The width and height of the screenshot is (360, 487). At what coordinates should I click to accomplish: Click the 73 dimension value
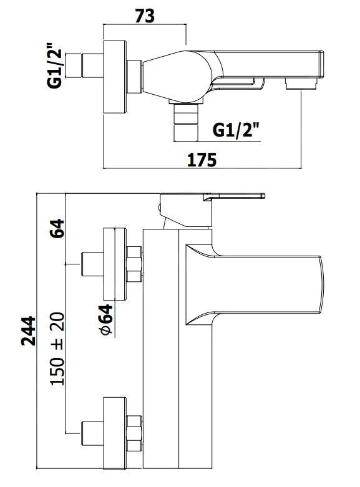point(145,16)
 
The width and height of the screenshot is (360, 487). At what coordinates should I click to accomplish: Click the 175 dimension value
point(202,160)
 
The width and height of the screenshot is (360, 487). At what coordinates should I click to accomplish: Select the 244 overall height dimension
point(28,330)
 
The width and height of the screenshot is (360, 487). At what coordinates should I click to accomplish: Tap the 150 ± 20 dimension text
point(57,349)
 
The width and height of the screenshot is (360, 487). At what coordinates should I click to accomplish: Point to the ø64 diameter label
point(106,320)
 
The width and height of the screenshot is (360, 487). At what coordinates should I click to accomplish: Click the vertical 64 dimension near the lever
point(57,228)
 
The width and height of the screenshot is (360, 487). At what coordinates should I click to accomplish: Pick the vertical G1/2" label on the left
point(55,65)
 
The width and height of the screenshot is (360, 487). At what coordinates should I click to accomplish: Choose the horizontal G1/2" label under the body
point(236,130)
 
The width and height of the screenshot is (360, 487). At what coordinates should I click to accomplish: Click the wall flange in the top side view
point(115,77)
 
